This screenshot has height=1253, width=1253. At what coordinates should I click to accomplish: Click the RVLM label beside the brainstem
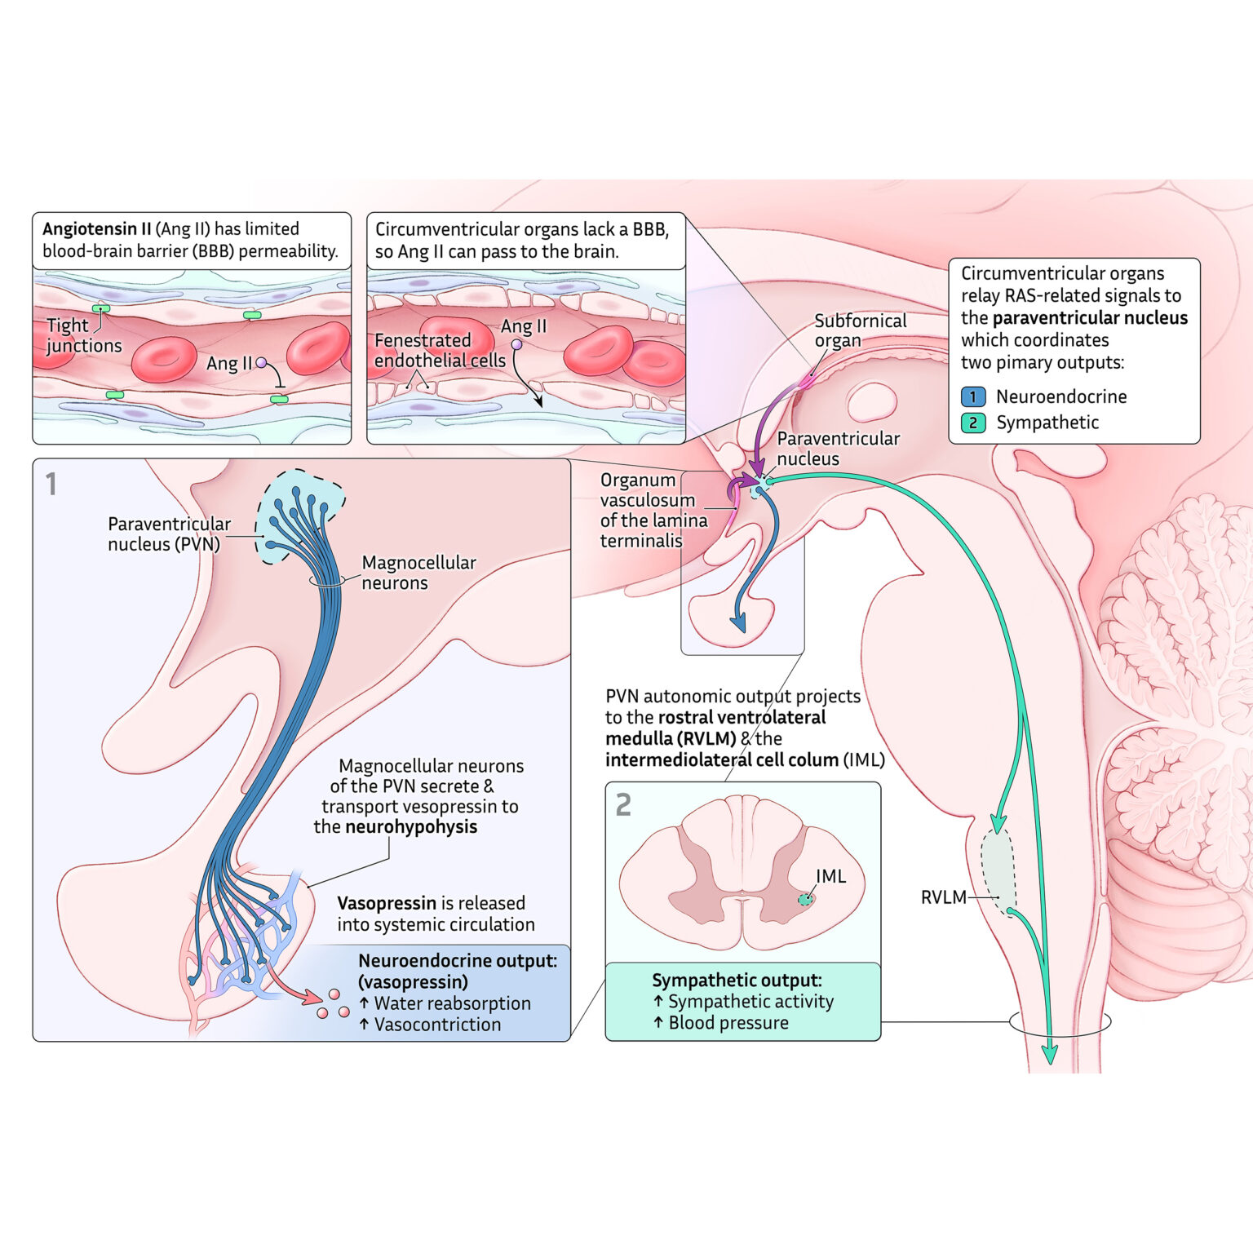click(943, 897)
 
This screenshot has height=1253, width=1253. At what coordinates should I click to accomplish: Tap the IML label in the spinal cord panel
click(830, 876)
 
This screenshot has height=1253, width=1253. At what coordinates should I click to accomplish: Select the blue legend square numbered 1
click(973, 397)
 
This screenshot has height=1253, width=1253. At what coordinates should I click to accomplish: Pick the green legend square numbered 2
click(973, 423)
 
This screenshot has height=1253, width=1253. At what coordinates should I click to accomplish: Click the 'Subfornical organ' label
click(859, 330)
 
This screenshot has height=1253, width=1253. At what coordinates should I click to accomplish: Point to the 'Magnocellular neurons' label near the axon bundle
click(418, 573)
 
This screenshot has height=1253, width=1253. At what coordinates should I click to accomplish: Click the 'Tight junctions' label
click(83, 335)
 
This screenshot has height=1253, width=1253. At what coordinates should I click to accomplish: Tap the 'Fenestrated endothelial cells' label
click(439, 350)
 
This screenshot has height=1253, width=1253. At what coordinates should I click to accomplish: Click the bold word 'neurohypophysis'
click(411, 827)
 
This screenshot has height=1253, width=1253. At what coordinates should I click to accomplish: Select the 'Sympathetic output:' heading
click(736, 981)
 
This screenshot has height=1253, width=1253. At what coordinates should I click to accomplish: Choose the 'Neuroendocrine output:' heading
click(458, 961)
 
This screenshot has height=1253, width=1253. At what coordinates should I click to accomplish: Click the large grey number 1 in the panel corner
click(51, 485)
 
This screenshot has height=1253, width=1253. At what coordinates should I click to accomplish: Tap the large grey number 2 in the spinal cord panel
click(623, 805)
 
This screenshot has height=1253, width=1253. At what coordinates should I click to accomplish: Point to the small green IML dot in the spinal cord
click(805, 899)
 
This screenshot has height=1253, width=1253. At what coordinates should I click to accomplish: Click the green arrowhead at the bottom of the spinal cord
click(1050, 1054)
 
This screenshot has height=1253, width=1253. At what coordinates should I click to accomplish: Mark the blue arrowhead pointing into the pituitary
click(738, 623)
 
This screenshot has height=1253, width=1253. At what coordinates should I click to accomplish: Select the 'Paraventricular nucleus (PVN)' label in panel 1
click(169, 534)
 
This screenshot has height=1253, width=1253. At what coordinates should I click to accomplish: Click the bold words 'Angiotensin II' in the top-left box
click(96, 229)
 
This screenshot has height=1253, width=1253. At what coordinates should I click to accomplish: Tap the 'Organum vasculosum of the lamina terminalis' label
click(653, 510)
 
